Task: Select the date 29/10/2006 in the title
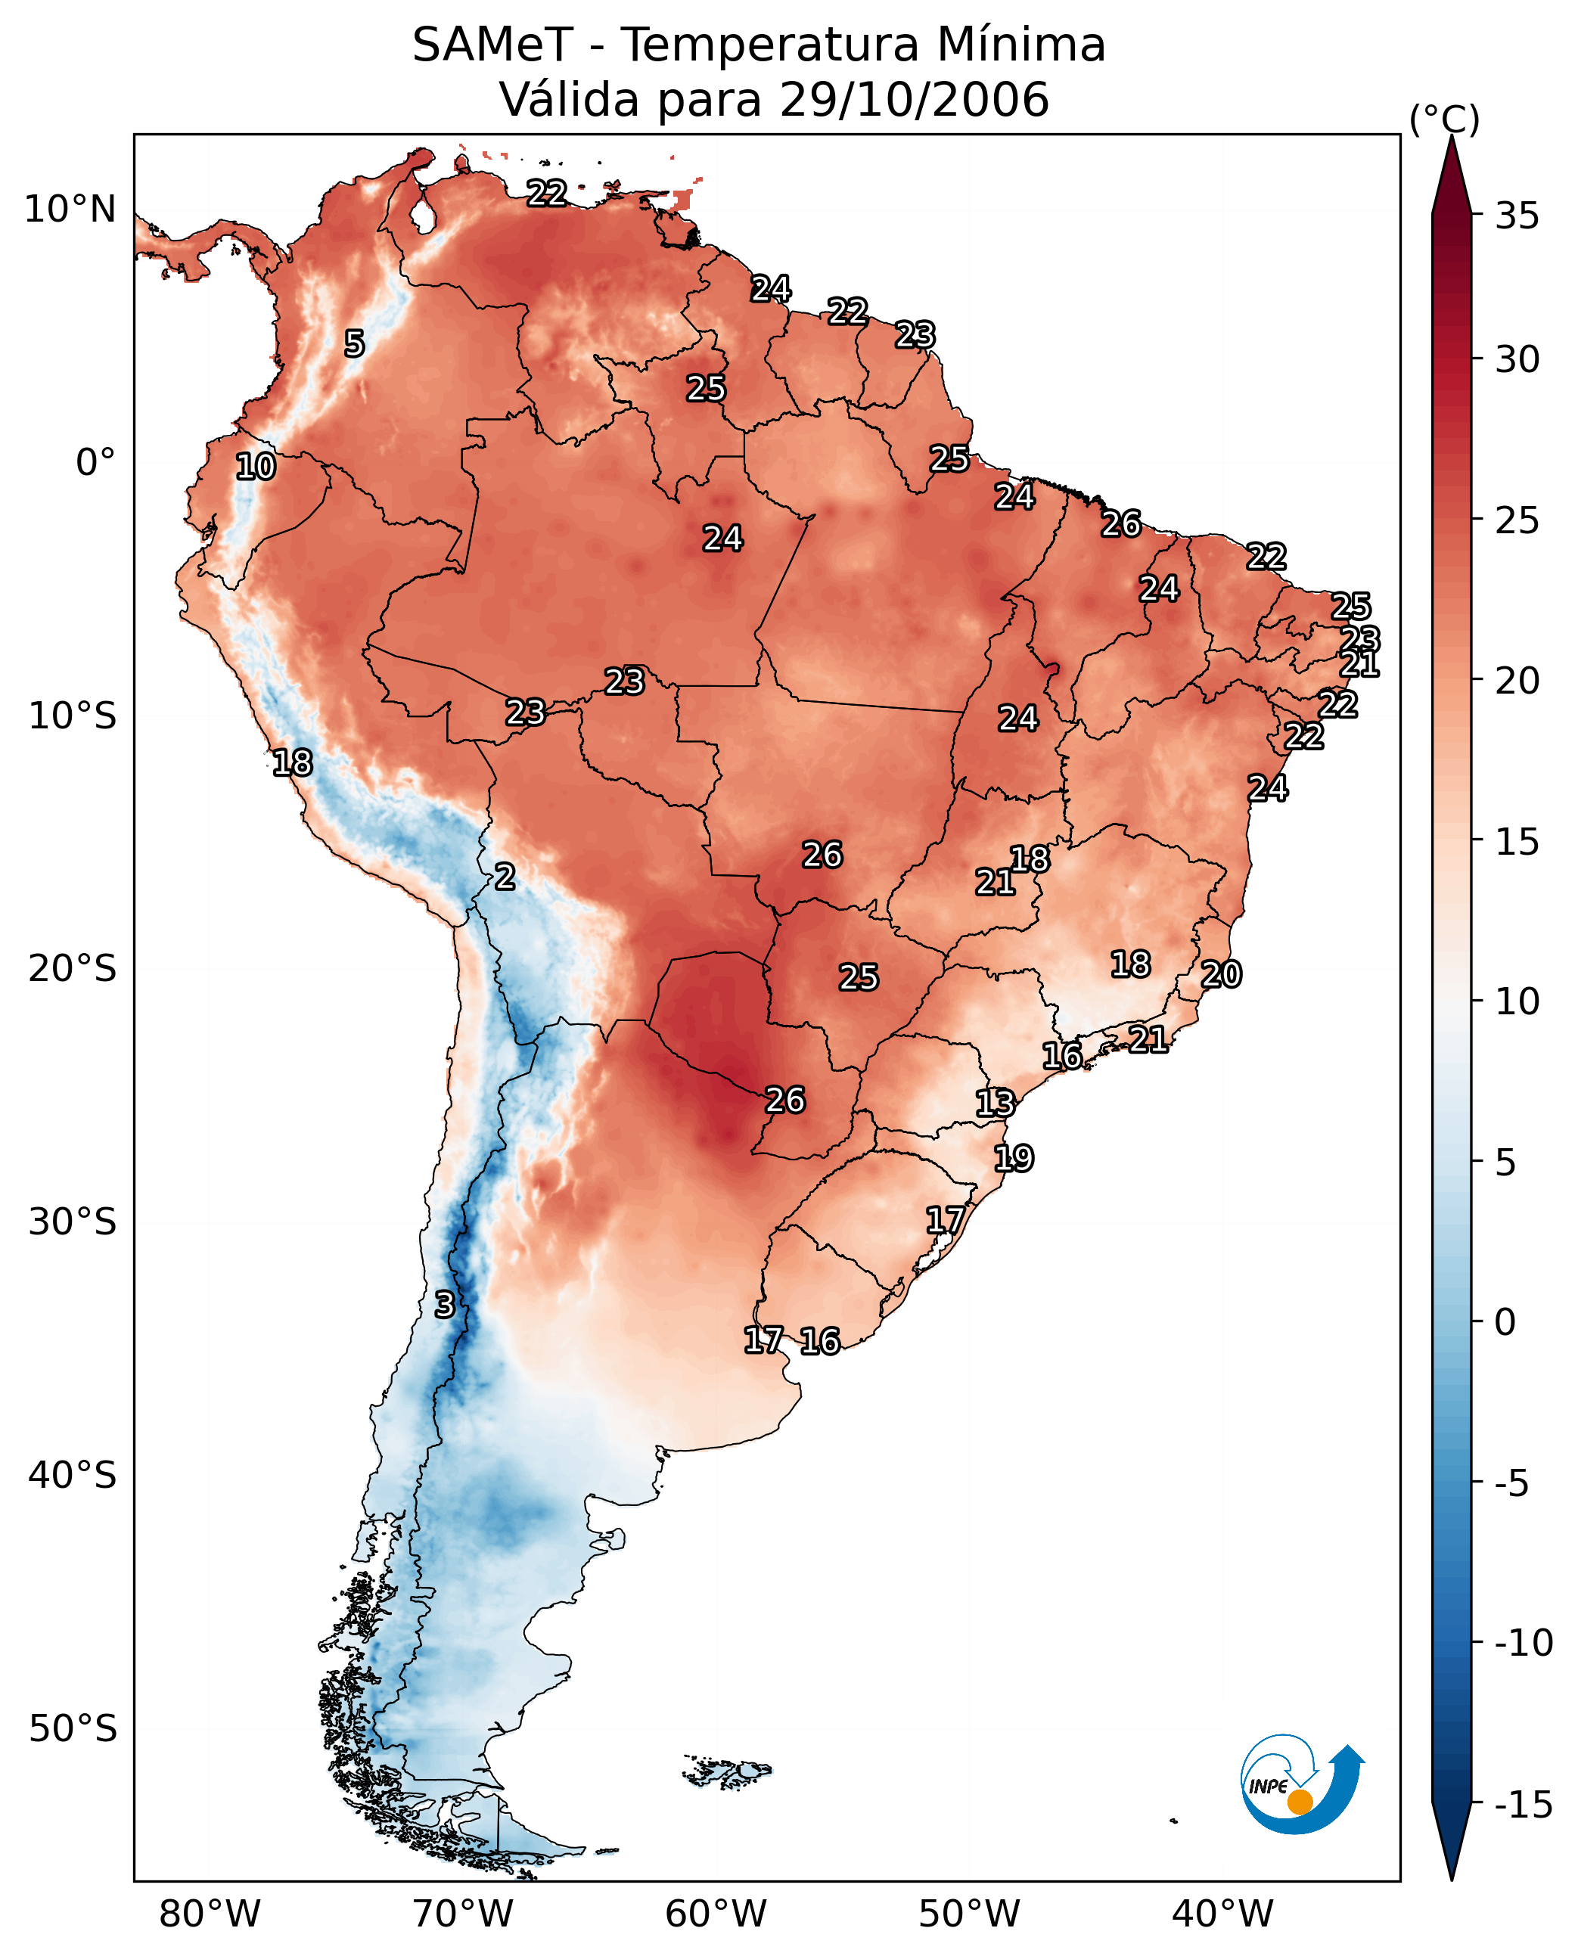click(915, 100)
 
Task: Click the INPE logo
click(1301, 1784)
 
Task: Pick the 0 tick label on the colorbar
click(1505, 1322)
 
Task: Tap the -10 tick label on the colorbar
click(1523, 1644)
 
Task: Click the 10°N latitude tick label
click(70, 210)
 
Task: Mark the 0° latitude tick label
click(95, 463)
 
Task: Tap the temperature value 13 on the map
click(995, 1104)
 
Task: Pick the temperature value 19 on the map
click(1014, 1159)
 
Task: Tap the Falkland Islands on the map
click(727, 1771)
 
